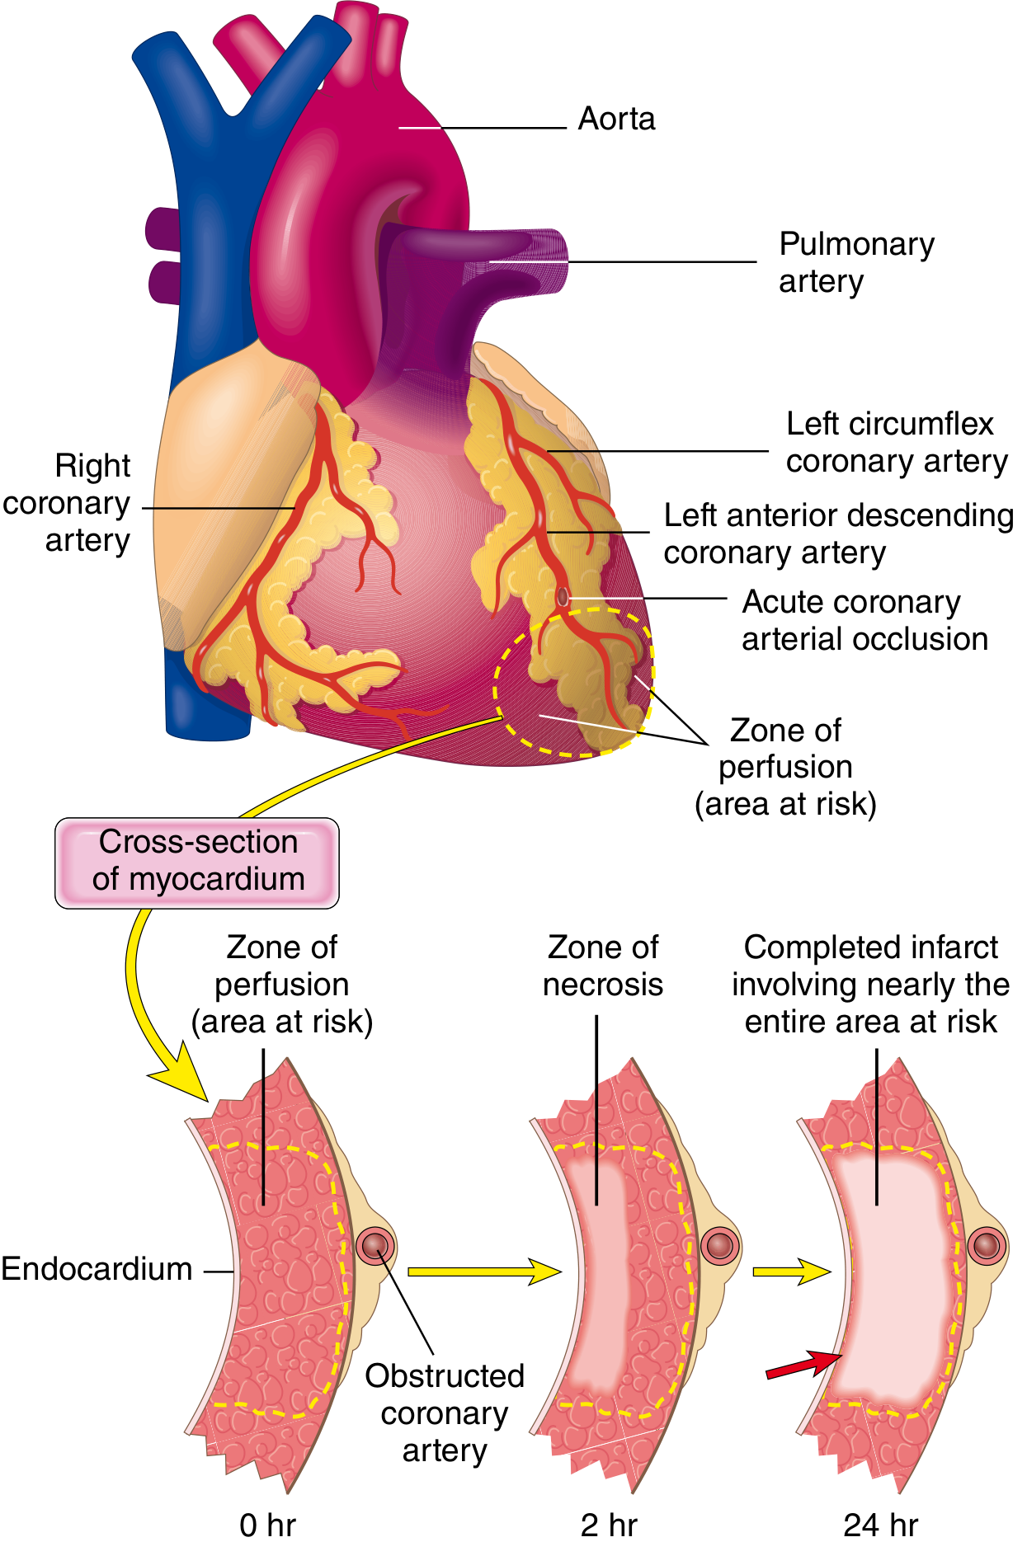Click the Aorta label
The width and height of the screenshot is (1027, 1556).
[616, 120]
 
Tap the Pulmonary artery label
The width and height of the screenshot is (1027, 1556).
[855, 262]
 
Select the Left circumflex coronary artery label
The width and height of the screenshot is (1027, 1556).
[895, 442]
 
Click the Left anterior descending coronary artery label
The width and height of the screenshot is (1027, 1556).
[837, 534]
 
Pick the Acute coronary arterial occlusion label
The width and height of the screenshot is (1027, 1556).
[863, 620]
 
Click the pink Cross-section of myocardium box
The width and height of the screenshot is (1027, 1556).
[197, 862]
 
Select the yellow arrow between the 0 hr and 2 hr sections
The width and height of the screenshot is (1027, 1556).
[483, 1272]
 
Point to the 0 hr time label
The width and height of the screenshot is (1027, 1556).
[266, 1525]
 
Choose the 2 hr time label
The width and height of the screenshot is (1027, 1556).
[608, 1525]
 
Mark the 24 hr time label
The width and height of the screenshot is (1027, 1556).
[879, 1525]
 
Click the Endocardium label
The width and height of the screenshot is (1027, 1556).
[97, 1269]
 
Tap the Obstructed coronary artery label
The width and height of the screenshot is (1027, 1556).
[444, 1413]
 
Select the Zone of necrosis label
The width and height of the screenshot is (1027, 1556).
[602, 966]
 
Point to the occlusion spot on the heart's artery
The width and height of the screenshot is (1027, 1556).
[563, 596]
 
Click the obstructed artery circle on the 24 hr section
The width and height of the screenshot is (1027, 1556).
[987, 1246]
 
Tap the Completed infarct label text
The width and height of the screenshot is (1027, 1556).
[870, 984]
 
